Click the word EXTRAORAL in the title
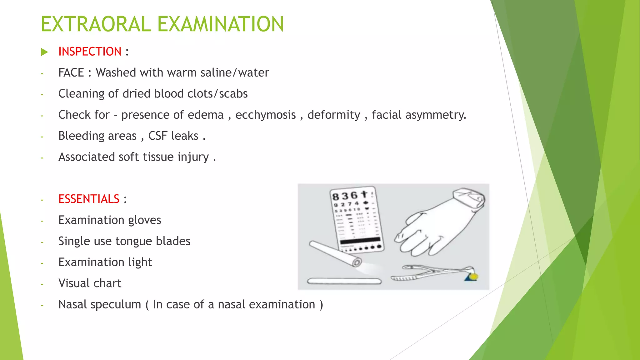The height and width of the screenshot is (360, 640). [96, 24]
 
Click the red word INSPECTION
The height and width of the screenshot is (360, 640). [90, 52]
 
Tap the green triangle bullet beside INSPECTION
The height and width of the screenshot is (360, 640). [44, 52]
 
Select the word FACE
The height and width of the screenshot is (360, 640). [71, 73]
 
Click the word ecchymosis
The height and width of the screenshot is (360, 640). [265, 115]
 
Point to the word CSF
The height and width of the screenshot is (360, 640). [157, 136]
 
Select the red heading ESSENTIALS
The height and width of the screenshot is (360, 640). [89, 199]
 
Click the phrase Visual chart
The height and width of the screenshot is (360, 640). [90, 283]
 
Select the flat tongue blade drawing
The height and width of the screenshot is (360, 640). [344, 281]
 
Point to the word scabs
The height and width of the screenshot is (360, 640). [233, 94]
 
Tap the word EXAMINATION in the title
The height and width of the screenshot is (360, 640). [220, 24]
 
